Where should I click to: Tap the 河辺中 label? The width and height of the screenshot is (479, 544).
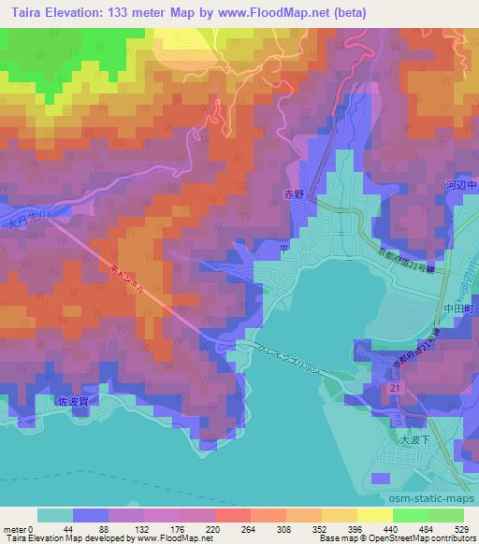464,186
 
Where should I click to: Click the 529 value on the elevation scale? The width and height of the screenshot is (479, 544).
458,528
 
